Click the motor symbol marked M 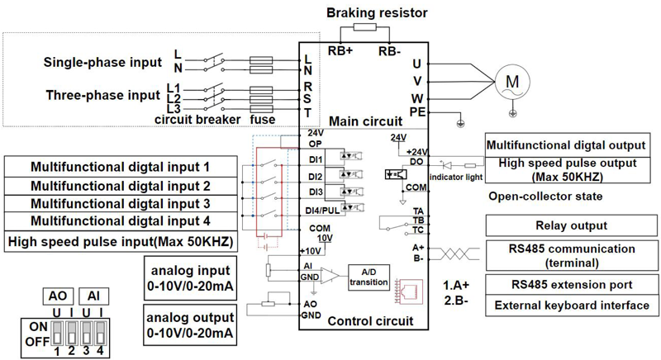point(511,82)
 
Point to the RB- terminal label point(392,50)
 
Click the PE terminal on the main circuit point(417,111)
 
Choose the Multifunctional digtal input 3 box point(120,203)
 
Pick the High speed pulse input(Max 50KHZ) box point(119,241)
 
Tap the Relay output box point(571,225)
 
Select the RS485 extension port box point(571,285)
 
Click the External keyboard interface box point(571,306)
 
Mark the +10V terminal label point(311,249)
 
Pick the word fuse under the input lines point(264,119)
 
